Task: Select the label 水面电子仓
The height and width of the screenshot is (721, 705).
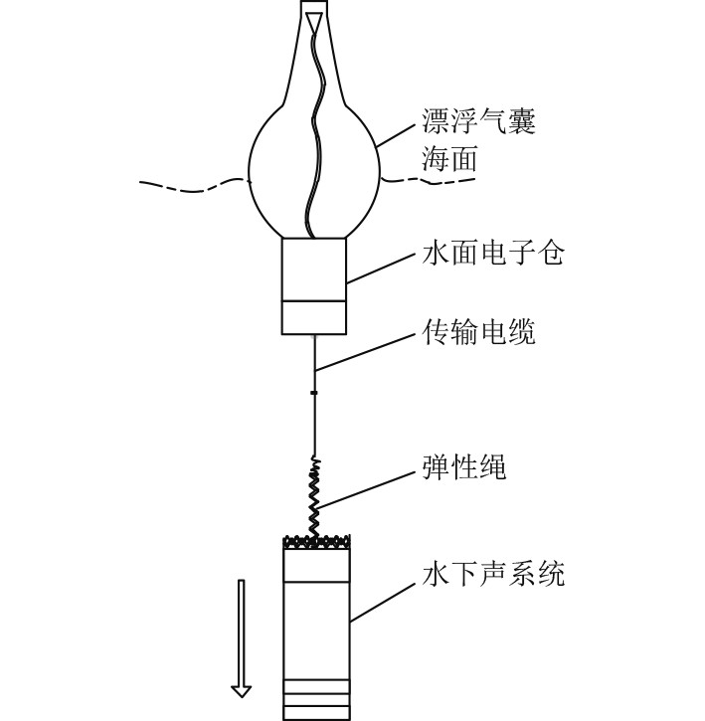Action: (493, 255)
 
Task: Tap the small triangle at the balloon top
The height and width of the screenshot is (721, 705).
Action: (315, 20)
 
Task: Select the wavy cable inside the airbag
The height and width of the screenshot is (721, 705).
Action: (315, 129)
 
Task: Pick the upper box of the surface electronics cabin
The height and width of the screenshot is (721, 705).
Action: (314, 269)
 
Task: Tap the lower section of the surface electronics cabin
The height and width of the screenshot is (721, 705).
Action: (314, 317)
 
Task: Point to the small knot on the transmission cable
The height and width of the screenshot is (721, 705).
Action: (314, 394)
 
